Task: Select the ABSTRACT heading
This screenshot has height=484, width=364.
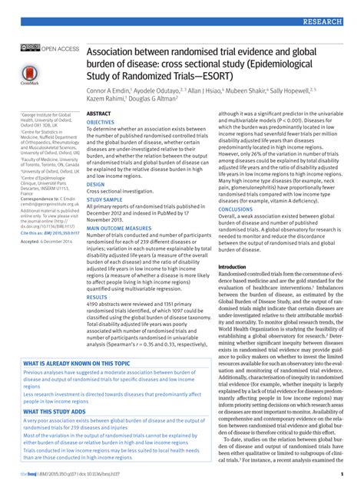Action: (x=99, y=113)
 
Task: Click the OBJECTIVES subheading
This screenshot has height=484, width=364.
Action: (x=100, y=122)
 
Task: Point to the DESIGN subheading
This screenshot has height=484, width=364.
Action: (x=95, y=185)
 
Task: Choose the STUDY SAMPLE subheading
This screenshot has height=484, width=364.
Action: (x=104, y=199)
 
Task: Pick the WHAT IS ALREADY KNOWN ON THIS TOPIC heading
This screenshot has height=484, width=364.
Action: (x=77, y=364)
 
